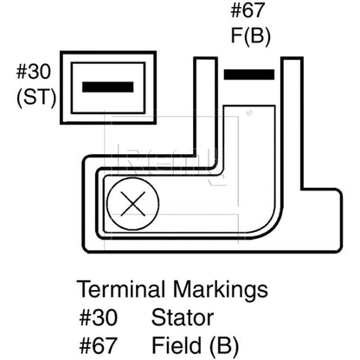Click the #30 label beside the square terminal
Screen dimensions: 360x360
pos(34,72)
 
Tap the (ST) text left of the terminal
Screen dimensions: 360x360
pos(36,98)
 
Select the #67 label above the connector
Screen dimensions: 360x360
pos(247,10)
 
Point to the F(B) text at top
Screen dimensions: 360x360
pos(251,35)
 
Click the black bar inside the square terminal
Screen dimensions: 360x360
pos(108,87)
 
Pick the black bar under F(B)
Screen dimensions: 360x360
pos(249,74)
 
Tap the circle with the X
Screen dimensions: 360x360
pos(133,204)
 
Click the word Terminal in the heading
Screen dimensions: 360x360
pos(121,289)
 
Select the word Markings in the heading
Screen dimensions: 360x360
pos(221,290)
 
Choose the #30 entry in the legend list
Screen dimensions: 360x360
pos(99,318)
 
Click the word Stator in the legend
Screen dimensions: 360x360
pos(183,318)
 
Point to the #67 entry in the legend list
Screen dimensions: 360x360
pos(99,345)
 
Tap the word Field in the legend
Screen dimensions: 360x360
pos(177,345)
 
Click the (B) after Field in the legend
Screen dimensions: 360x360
pos(224,345)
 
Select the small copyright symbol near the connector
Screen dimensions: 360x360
pos(249,112)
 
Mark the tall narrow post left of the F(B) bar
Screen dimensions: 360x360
pos(205,111)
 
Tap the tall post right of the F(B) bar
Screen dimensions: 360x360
pos(292,124)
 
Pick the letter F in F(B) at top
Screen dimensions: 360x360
pos(235,35)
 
